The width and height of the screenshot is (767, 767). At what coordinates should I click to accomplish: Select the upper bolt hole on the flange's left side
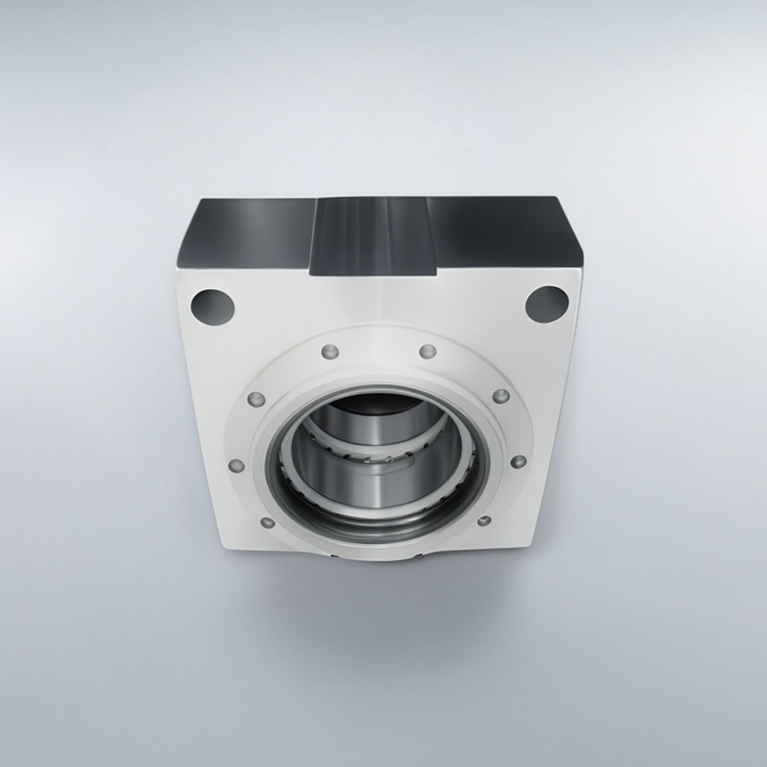257,398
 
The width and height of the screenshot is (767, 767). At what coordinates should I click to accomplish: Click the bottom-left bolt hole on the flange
267,522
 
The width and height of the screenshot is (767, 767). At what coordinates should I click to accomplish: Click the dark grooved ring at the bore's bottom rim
380,527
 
